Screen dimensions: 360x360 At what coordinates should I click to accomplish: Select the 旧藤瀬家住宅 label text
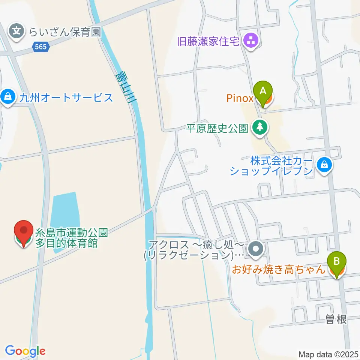pos(208,41)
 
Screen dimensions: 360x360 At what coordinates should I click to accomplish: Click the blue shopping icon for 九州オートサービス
pos(7,97)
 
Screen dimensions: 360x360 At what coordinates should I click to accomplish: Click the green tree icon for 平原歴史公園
pos(259,127)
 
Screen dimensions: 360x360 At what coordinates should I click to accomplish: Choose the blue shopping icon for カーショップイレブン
pos(324,164)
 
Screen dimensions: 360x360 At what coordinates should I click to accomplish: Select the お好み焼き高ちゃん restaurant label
pos(278,269)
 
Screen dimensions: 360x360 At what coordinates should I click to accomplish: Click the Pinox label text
pos(240,99)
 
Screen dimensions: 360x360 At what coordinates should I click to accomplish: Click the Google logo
pos(25,351)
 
